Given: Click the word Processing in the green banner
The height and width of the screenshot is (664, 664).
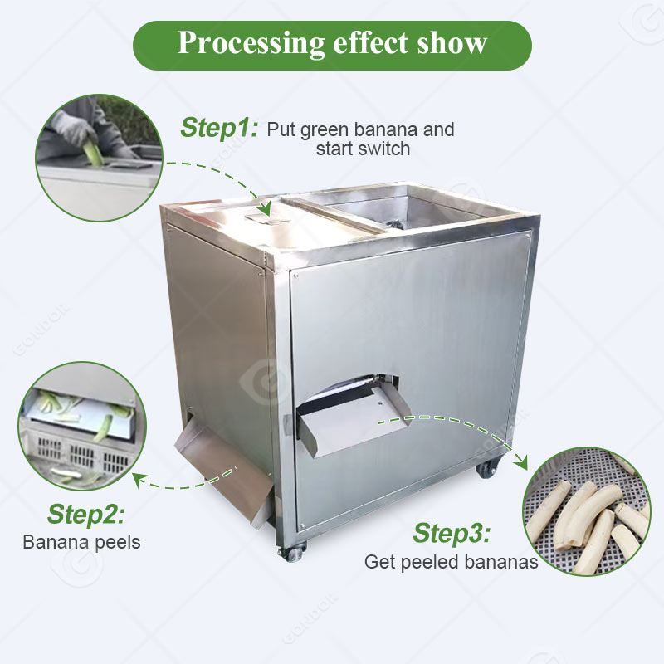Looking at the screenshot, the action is (251, 44).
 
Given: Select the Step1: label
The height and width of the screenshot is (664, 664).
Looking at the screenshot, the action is (218, 128).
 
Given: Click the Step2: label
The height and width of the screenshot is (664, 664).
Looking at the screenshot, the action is (85, 515).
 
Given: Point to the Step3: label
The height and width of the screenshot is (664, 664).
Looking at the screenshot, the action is (452, 533).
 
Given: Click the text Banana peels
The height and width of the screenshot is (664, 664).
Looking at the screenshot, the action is (81, 543).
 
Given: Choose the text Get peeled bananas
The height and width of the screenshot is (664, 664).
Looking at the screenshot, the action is (451, 563).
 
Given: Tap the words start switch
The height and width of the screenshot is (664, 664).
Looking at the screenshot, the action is (363, 149).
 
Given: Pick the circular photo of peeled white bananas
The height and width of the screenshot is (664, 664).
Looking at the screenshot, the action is (587, 510).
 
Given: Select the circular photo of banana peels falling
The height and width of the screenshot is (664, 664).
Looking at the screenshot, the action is (82, 426).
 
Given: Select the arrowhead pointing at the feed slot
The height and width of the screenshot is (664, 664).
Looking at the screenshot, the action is (265, 208).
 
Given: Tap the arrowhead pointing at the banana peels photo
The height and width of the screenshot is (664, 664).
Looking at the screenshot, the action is (139, 481).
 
